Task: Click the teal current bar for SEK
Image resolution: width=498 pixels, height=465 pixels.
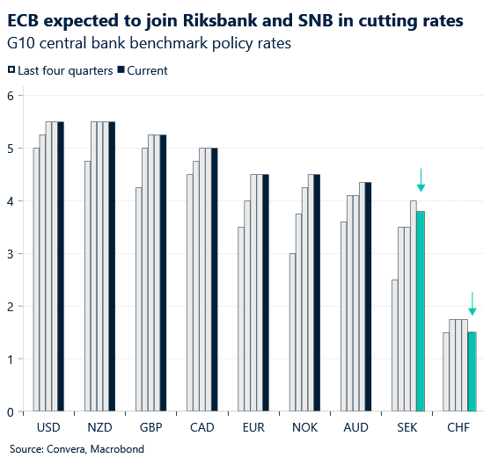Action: [421, 311]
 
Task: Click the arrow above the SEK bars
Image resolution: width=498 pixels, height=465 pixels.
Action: [421, 180]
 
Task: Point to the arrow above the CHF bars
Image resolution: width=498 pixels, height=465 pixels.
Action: [472, 303]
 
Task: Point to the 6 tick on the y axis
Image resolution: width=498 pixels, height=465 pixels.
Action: [10, 96]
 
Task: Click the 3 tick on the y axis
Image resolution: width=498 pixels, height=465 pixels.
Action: [10, 254]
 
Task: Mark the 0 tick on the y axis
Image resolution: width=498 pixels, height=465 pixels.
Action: [10, 412]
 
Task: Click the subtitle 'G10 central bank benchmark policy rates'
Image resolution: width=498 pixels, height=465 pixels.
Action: [149, 43]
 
